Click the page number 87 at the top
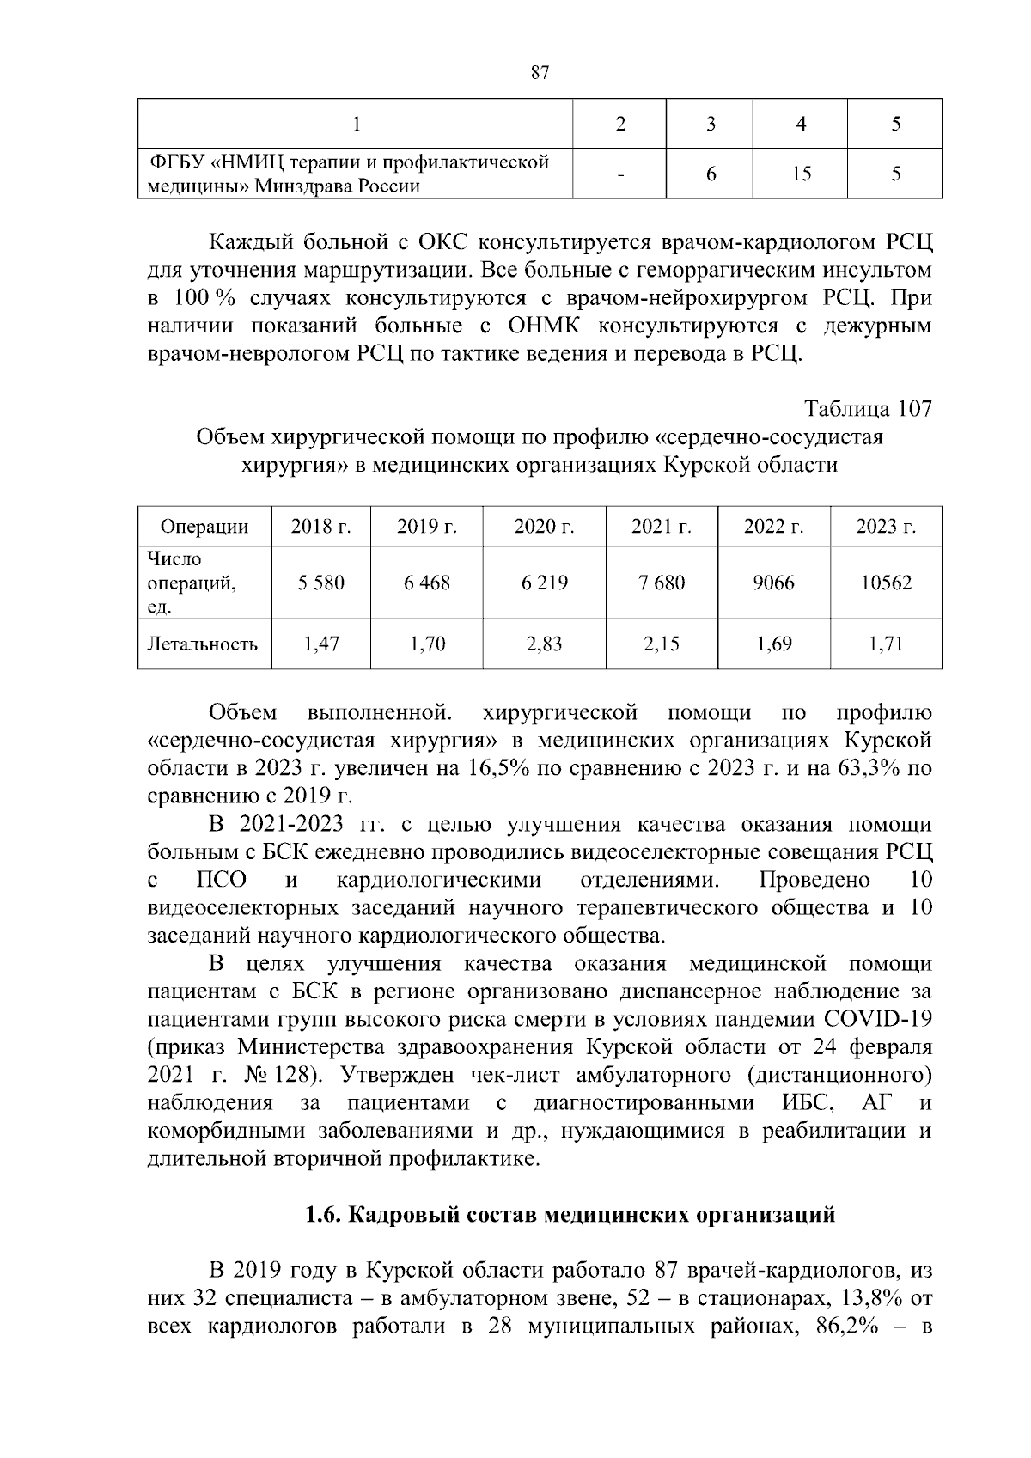coord(540,73)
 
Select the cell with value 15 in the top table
coord(801,174)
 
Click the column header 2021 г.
coord(661,527)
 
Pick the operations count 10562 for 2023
coord(886,583)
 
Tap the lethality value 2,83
coord(544,644)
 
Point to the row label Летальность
coord(203,644)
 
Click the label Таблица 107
coord(868,409)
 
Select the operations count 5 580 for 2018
coord(321,583)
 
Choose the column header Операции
coord(204,527)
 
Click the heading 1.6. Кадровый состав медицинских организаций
coord(570,1216)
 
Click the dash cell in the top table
coord(619,174)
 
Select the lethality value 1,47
coord(321,644)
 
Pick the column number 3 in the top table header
coord(710,125)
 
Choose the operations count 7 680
coord(661,583)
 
